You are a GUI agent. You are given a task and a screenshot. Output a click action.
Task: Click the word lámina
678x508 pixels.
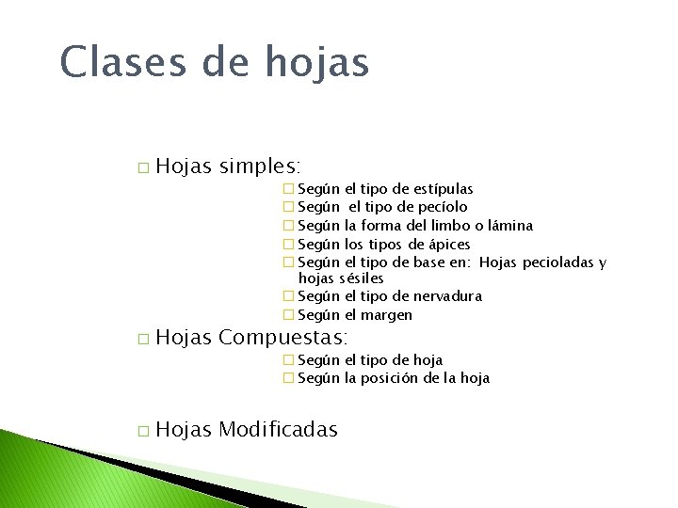pos(509,225)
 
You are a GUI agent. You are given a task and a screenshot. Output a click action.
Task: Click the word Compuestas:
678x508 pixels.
pos(283,337)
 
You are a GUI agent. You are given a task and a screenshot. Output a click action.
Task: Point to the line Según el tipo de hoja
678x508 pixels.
pos(369,359)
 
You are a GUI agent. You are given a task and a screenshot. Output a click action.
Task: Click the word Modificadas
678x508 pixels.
pos(278,430)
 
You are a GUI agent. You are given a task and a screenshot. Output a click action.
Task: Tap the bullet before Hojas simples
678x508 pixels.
pos(142,168)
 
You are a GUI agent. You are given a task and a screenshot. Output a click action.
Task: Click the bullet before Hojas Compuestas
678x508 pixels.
pos(142,338)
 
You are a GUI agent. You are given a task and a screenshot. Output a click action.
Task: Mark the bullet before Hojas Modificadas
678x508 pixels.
pos(142,431)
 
